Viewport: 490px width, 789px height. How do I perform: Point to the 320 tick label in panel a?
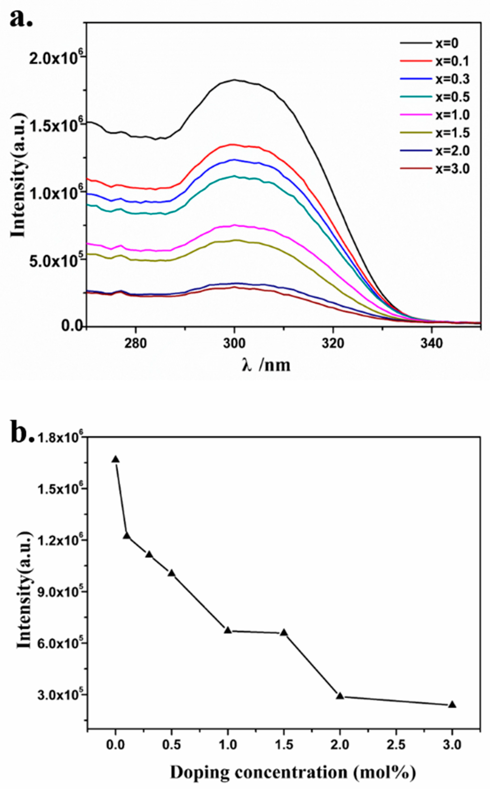[333, 344]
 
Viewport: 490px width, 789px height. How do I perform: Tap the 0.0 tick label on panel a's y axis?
[72, 326]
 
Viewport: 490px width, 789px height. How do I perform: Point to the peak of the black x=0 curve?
[234, 80]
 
